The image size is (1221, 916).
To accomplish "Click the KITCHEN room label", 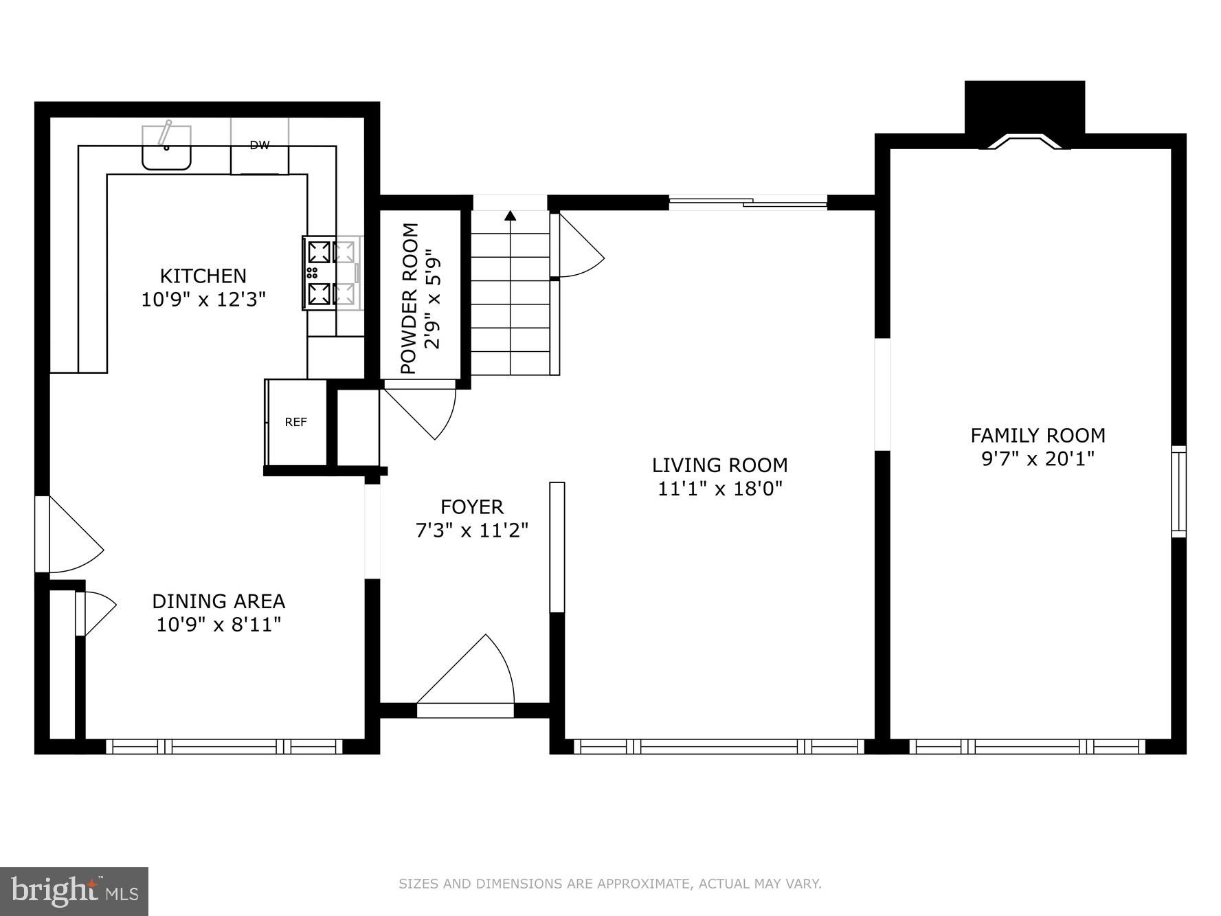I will pos(203,276).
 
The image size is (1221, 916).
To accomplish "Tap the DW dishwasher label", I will pos(259,145).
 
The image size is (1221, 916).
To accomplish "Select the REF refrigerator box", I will pos(296,422).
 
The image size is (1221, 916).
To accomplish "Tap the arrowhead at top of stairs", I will pos(510,216).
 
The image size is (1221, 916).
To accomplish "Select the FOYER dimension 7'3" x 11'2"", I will pos(472,530).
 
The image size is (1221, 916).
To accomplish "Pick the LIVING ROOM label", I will pos(719,465).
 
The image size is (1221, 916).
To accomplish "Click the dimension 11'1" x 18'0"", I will pos(720,489).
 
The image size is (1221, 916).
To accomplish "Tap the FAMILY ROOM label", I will pos(1038,435).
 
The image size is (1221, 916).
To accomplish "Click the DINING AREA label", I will pos(219,601).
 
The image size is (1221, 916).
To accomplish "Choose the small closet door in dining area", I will pos(96,612).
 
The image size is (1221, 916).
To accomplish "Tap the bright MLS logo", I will pos(74,891).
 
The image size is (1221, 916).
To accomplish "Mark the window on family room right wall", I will pos(1178,491).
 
